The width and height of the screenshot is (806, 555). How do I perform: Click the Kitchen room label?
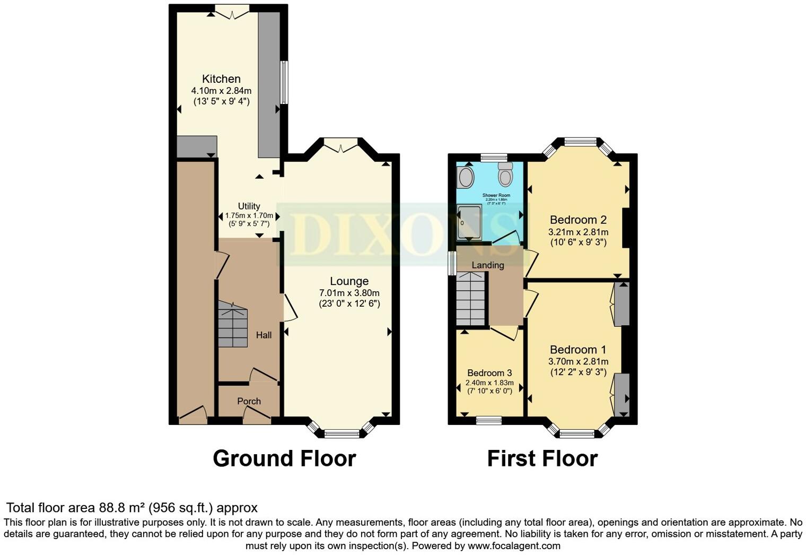[x=221, y=79]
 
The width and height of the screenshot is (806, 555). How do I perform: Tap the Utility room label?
[x=249, y=206]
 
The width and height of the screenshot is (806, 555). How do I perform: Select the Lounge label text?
[x=349, y=281]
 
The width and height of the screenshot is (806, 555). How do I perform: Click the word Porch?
[x=249, y=401]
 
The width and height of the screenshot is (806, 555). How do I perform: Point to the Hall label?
[x=264, y=335]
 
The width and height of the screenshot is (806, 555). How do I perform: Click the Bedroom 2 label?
[x=578, y=220]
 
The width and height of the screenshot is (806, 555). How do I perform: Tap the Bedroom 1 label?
[x=578, y=350]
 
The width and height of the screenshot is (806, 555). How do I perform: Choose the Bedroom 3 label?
[x=489, y=373]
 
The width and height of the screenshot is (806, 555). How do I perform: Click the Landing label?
[x=487, y=265]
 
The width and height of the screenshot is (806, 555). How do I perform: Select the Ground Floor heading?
[x=284, y=458]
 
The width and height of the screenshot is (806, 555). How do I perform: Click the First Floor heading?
[x=542, y=458]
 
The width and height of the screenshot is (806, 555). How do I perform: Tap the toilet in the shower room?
[x=505, y=175]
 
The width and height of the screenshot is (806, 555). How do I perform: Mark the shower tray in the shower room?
[x=469, y=223]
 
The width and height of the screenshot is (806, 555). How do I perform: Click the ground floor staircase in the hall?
[x=232, y=325]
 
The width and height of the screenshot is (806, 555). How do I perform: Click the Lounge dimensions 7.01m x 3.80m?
[x=349, y=293]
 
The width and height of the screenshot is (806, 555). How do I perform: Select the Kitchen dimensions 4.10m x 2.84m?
[x=221, y=91]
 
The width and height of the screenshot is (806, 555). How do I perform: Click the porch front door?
[x=257, y=419]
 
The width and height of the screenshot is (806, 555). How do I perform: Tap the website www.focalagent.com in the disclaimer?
[x=513, y=545]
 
